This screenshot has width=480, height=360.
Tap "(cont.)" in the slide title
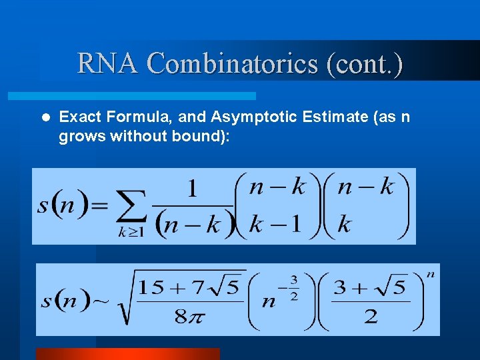tap(365, 64)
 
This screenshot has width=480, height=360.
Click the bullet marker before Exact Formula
tap(45, 117)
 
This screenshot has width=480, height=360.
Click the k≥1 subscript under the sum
tap(131, 233)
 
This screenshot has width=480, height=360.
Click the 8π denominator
tap(187, 317)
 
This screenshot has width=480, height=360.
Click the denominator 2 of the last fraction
tap(371, 316)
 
